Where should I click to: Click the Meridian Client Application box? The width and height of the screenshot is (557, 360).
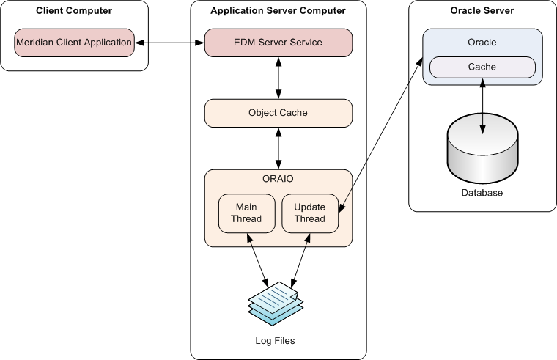[74, 43]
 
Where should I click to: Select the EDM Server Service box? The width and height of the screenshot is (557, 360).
[278, 43]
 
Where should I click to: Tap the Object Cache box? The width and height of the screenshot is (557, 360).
[278, 113]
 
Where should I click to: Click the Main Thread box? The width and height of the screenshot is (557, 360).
[246, 213]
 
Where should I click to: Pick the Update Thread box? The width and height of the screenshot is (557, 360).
[310, 213]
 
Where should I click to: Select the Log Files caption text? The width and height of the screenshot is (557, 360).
[275, 341]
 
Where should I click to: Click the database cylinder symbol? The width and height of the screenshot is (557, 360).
[482, 150]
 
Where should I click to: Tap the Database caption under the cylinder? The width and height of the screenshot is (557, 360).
[482, 193]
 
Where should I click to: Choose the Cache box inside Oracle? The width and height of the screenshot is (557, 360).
[482, 67]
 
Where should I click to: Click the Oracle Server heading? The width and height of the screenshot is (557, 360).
[482, 11]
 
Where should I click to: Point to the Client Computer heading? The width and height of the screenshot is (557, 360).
[74, 11]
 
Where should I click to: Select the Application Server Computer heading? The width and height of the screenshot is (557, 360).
[278, 11]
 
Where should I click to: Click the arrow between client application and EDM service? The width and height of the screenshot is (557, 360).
[169, 43]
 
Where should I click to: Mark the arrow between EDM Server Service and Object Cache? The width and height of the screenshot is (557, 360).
[278, 78]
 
